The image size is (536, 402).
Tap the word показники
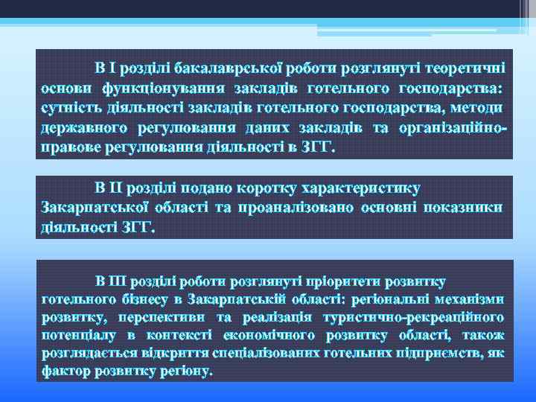point(463,206)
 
